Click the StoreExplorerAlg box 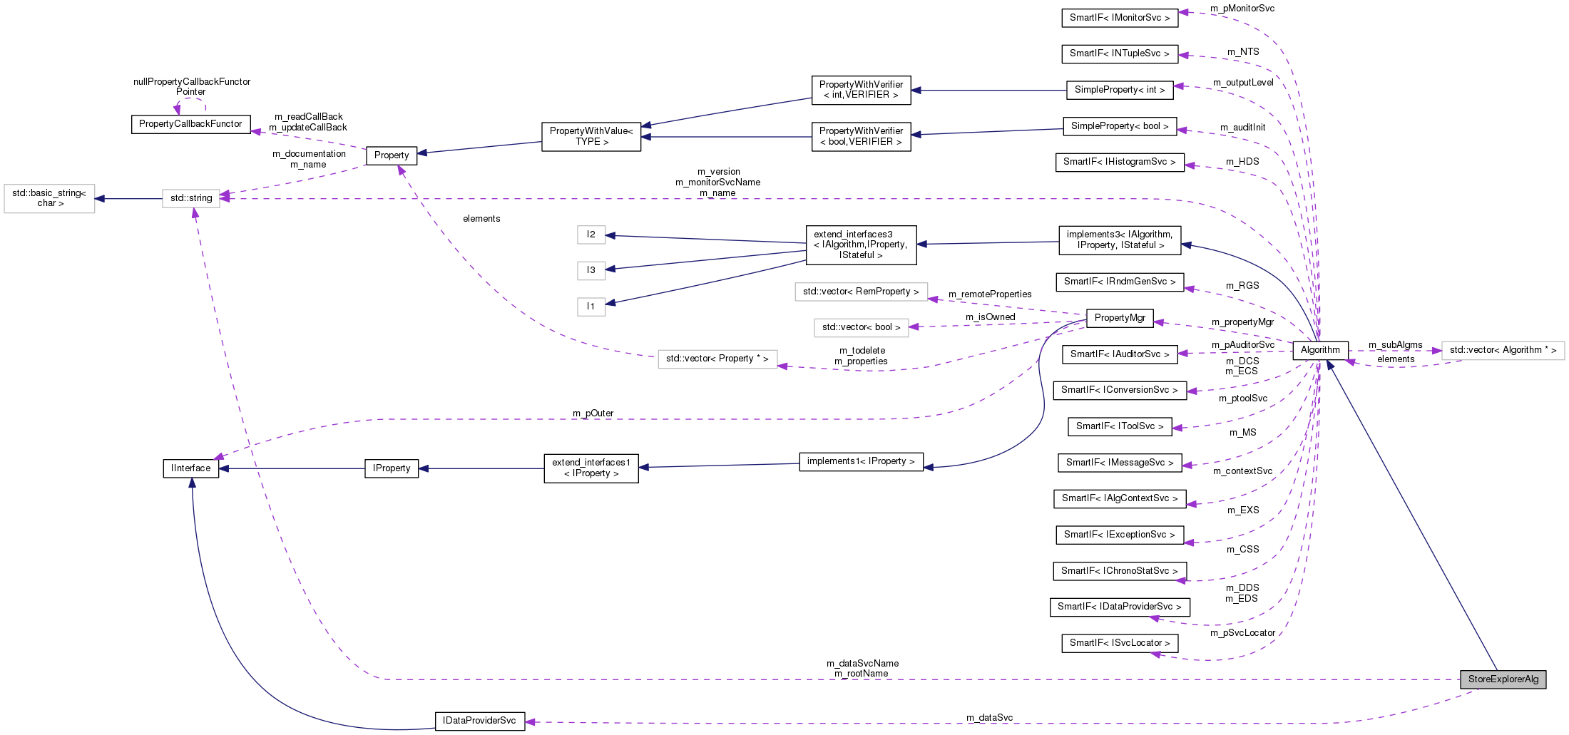(x=1503, y=679)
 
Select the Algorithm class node (x=1320, y=350)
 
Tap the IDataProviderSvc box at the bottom (x=479, y=721)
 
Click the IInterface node (x=190, y=468)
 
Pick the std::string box (x=190, y=198)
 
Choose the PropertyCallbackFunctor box (x=190, y=124)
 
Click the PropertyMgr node (x=1120, y=318)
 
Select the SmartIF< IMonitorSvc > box (x=1119, y=18)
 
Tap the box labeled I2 (x=591, y=235)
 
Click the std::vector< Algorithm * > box (x=1503, y=350)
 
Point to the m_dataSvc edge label (x=989, y=717)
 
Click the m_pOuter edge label (x=593, y=413)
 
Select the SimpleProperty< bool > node (x=1119, y=126)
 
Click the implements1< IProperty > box (x=861, y=461)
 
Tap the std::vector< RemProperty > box (x=861, y=292)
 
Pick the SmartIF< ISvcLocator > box (x=1119, y=643)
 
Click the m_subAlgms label (x=1395, y=345)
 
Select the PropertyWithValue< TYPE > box (x=591, y=136)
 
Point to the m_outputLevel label (x=1243, y=83)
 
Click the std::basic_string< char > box (x=49, y=198)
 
